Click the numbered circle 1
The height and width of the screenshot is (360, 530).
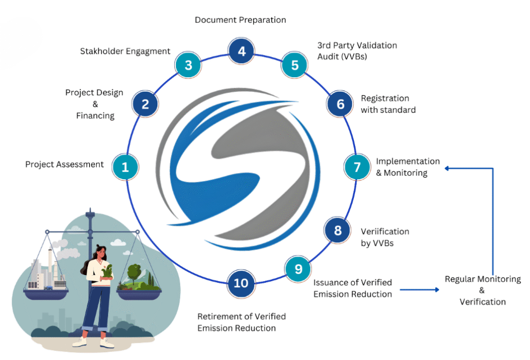point(125,167)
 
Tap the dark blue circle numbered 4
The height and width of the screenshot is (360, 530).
point(241,51)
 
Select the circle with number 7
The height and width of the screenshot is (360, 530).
point(357,167)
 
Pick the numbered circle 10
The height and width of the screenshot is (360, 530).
point(241,283)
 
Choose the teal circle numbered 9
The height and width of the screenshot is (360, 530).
point(298,269)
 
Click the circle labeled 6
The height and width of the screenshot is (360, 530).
point(340,104)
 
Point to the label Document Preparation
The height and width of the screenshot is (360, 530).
point(240,20)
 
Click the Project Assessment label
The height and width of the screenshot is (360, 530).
point(65,164)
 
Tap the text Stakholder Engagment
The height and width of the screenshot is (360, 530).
point(125,51)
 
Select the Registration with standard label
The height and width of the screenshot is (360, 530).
point(388,104)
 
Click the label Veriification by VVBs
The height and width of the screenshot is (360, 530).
point(385,237)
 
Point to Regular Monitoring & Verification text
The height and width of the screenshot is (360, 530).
point(482,290)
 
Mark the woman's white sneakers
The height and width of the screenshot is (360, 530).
point(93,342)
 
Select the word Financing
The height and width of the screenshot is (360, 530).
point(95,116)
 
